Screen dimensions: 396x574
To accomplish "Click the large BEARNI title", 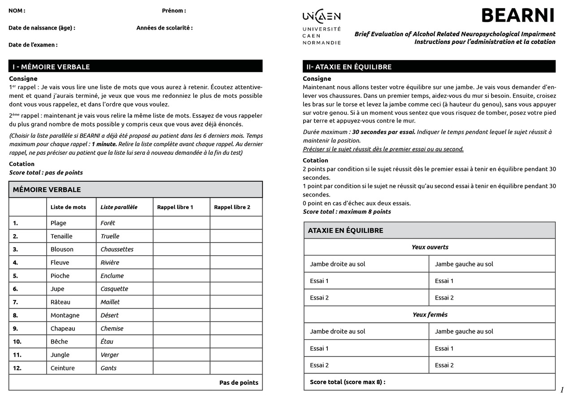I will pyautogui.click(x=518, y=16).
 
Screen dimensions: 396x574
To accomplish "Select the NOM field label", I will pyautogui.click(x=17, y=11).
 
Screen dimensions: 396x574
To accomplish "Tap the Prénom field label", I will pyautogui.click(x=174, y=11).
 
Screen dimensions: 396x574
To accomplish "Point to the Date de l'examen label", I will pyautogui.click(x=33, y=45).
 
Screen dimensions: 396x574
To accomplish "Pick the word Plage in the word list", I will pyautogui.click(x=58, y=223).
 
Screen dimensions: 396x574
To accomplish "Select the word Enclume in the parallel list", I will pyautogui.click(x=112, y=276).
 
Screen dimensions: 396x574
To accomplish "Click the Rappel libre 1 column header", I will pyautogui.click(x=175, y=207).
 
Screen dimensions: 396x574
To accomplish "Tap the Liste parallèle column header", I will pyautogui.click(x=119, y=207).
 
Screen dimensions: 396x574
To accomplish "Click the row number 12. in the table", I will pyautogui.click(x=17, y=368).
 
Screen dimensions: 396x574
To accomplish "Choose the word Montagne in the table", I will pyautogui.click(x=65, y=315).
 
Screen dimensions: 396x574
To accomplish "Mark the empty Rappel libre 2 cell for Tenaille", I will pyautogui.click(x=236, y=236).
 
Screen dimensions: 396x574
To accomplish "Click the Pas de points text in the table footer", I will pyautogui.click(x=239, y=383).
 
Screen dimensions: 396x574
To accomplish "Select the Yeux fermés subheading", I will pyautogui.click(x=430, y=315).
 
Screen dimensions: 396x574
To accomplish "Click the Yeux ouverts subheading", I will pyautogui.click(x=430, y=247).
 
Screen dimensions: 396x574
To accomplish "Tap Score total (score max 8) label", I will pyautogui.click(x=348, y=382).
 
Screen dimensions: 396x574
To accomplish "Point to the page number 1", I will pyautogui.click(x=562, y=390).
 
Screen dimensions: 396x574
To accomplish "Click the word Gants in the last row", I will pyautogui.click(x=109, y=368).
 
